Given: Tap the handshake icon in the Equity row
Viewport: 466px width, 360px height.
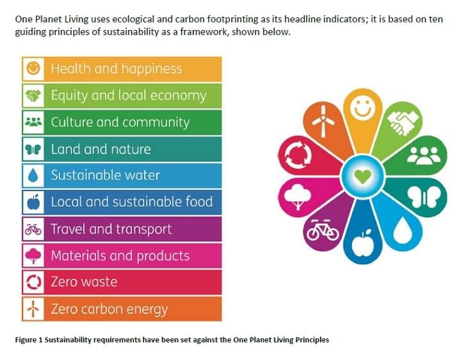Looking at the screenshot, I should (33, 96).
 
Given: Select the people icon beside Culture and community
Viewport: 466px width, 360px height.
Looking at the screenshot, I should (33, 122).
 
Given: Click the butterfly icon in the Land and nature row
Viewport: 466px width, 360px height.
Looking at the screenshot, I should (33, 149).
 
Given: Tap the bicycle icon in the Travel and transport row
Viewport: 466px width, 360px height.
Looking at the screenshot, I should (33, 229).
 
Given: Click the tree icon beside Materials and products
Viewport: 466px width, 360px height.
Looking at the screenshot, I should (33, 256).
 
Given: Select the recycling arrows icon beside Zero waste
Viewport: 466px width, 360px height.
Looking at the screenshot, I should (33, 282).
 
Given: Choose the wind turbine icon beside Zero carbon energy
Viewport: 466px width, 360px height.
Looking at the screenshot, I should (33, 309).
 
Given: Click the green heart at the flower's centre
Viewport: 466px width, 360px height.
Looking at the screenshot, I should (362, 175).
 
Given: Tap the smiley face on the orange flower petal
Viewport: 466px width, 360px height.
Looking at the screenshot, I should (363, 107).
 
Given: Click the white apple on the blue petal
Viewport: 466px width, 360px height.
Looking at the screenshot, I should (363, 243).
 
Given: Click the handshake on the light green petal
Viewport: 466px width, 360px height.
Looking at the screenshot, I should (404, 121).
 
